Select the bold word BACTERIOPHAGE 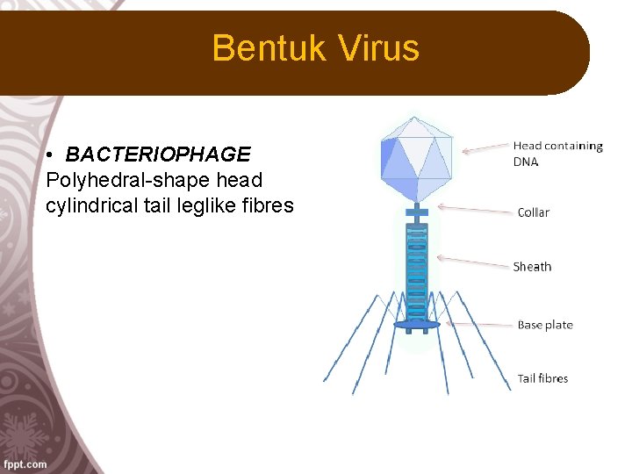click(x=158, y=154)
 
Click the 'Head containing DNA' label click(x=557, y=154)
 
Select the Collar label click(x=533, y=212)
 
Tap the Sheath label click(x=532, y=267)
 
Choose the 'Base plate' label click(x=544, y=325)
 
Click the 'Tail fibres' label click(x=542, y=378)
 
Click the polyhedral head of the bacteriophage click(x=417, y=158)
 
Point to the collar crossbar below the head click(x=417, y=212)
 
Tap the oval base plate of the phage click(x=417, y=325)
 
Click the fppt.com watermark click(x=25, y=463)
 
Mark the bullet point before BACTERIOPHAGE click(x=53, y=155)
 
